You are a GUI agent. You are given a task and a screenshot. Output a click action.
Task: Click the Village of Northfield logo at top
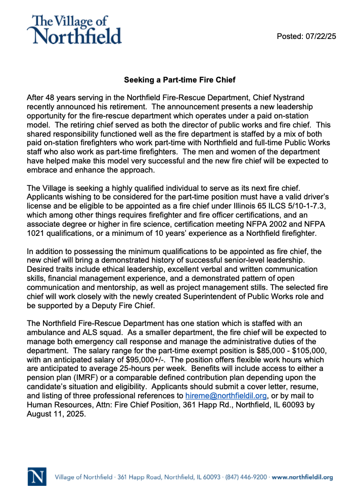tap(76, 29)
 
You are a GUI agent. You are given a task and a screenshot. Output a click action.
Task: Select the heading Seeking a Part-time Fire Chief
tap(180, 80)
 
